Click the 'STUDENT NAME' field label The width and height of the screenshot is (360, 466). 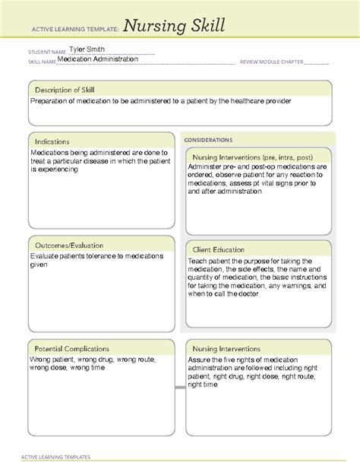(45, 52)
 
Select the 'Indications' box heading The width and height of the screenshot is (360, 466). (52, 141)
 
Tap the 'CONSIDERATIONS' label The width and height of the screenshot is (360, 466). (208, 140)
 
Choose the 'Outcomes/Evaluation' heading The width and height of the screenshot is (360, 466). (68, 246)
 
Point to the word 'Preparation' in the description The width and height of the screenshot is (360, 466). (51, 101)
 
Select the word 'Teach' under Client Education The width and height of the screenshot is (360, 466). (199, 262)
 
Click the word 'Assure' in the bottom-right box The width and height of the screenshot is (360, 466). (201, 360)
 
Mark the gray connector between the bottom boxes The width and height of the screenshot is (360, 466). (180, 387)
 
